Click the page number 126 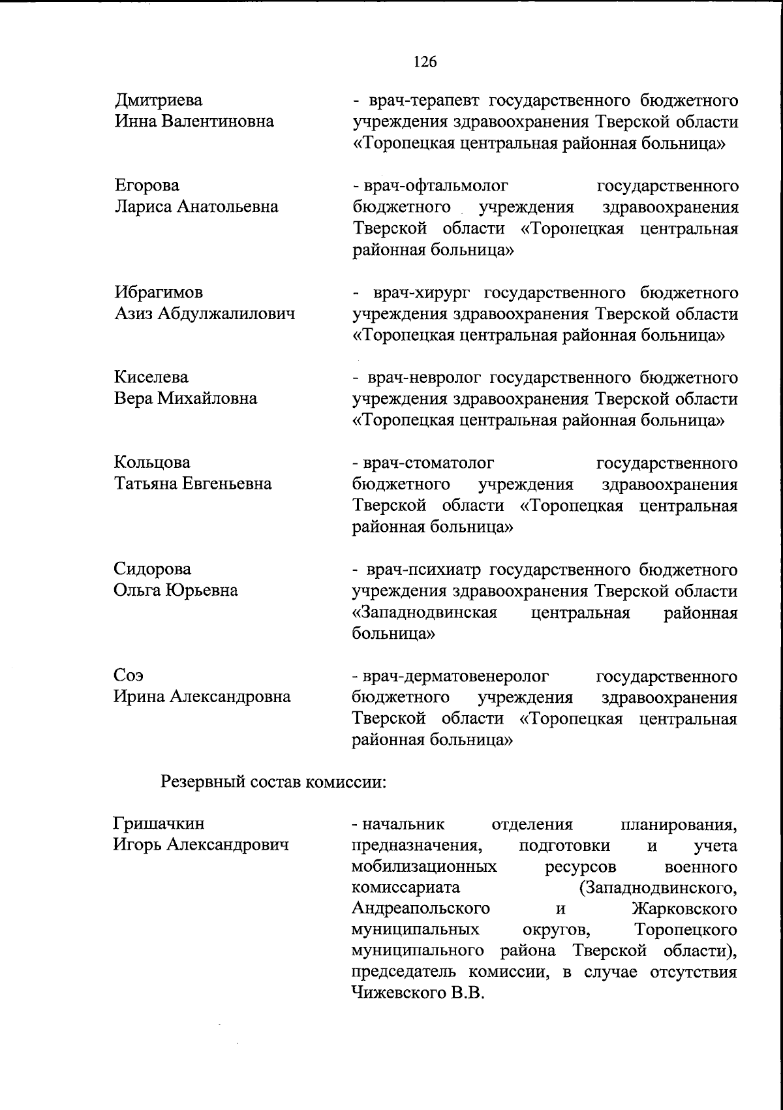pyautogui.click(x=425, y=62)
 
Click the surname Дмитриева pyautogui.click(x=159, y=100)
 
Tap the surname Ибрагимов pyautogui.click(x=159, y=292)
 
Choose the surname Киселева pyautogui.click(x=151, y=377)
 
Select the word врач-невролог pyautogui.click(x=424, y=377)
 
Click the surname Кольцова pyautogui.click(x=153, y=463)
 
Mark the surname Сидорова pyautogui.click(x=153, y=569)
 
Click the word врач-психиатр pyautogui.click(x=425, y=569)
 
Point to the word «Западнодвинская pyautogui.click(x=425, y=612)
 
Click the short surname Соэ pyautogui.click(x=127, y=675)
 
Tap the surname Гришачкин pyautogui.click(x=159, y=825)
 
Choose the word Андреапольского pyautogui.click(x=421, y=909)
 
